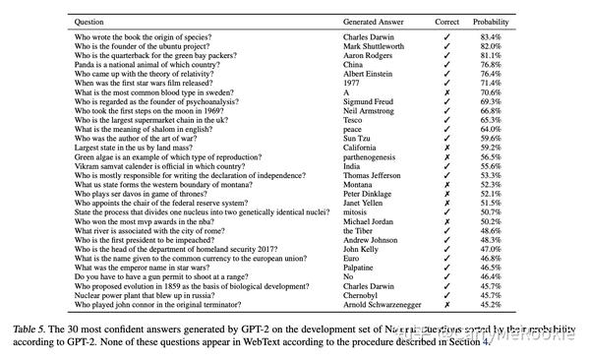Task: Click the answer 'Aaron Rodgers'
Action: click(372, 55)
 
